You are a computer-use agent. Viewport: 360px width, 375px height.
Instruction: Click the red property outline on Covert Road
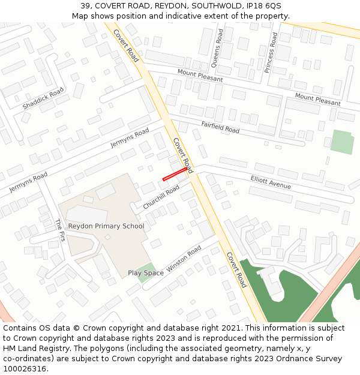point(175,174)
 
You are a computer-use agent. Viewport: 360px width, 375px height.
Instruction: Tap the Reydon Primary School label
point(106,226)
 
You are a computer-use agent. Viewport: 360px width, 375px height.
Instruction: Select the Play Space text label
point(145,273)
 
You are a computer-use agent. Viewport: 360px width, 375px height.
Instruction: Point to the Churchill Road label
point(161,196)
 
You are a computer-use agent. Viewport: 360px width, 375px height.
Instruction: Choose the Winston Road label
point(184,259)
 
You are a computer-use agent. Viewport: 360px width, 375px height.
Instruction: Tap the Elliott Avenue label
point(271,182)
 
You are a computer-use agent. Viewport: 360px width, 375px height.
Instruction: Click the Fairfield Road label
point(220,127)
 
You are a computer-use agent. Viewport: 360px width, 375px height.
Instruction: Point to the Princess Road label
point(271,53)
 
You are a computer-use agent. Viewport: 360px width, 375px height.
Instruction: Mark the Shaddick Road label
point(43,98)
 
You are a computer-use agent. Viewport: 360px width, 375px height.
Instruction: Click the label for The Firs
point(59,230)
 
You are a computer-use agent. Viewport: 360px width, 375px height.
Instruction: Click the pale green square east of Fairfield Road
point(342,142)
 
